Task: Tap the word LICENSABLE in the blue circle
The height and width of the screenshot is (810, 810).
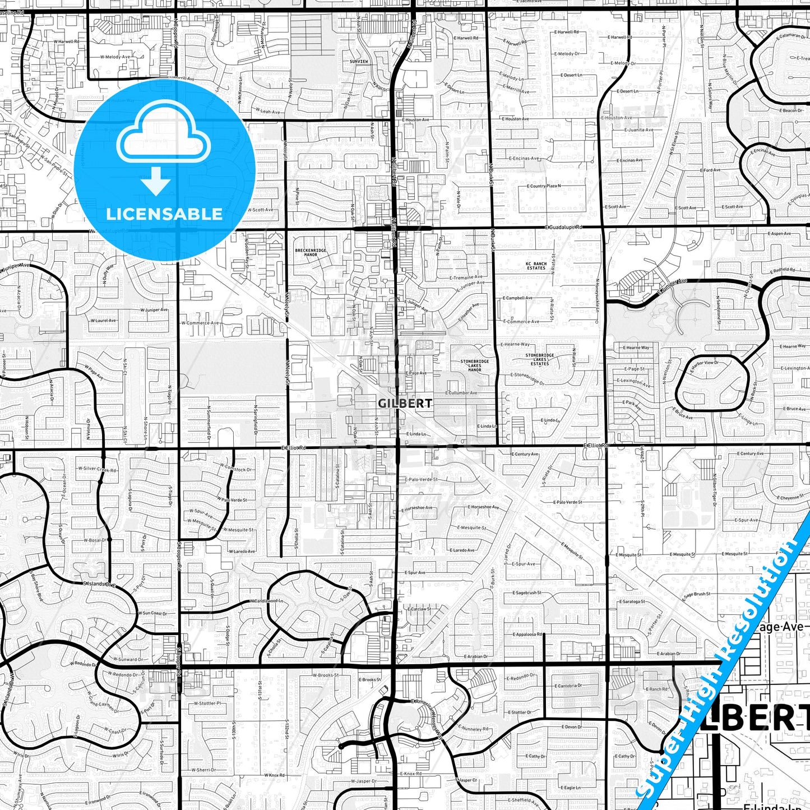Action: pos(164,214)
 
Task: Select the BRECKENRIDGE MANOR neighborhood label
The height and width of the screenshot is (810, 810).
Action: pos(311,252)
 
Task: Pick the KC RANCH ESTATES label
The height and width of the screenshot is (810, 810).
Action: pos(536,266)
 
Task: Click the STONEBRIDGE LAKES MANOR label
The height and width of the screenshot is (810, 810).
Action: pos(474,365)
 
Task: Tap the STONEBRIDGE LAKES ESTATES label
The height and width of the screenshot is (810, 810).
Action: pos(540,359)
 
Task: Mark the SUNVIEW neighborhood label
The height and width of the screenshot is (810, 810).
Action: pos(359,61)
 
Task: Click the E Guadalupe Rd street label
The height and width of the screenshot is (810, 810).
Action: pos(563,227)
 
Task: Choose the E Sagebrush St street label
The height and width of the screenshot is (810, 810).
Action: pos(526,593)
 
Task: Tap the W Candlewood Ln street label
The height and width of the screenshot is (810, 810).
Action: pos(266,601)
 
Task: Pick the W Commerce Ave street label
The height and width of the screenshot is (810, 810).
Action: pos(200,323)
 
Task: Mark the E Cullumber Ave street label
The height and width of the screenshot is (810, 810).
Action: pos(461,393)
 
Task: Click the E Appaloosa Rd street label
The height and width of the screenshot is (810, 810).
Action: pos(527,635)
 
